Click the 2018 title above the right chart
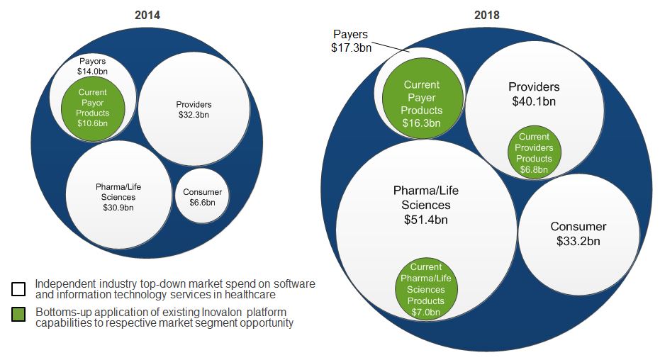(486, 13)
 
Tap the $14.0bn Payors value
(92, 72)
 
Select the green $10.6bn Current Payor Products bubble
(92, 108)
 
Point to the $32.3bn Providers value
(194, 115)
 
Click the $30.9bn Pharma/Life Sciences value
(118, 208)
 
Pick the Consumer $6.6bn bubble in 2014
(202, 197)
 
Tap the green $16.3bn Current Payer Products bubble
(422, 104)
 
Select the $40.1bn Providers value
(534, 101)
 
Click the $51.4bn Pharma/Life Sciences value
(425, 219)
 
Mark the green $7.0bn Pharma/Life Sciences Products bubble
(425, 289)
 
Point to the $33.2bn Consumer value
(578, 241)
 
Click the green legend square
(18, 314)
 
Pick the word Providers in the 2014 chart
(194, 105)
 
